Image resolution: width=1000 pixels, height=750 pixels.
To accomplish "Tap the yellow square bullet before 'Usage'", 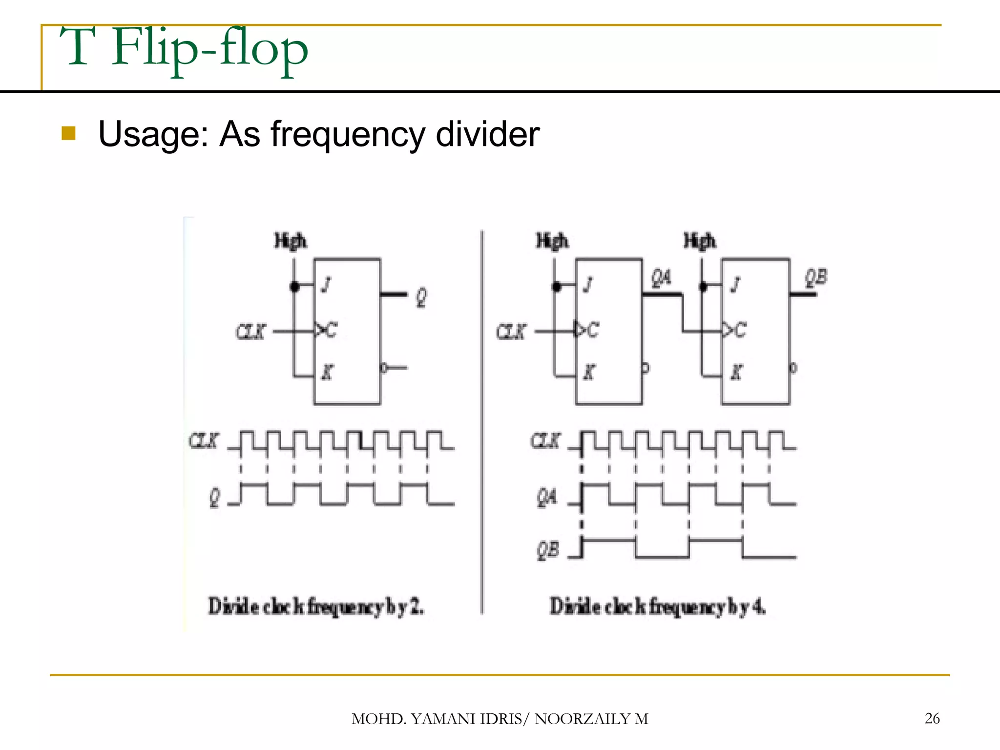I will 69,133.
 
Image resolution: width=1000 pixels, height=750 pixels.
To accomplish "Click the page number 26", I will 932,718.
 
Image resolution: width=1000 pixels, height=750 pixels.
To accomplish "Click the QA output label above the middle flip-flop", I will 662,278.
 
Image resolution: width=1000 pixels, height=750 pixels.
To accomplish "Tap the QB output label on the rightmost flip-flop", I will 816,277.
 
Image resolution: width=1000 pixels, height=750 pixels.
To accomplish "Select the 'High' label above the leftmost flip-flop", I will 291,241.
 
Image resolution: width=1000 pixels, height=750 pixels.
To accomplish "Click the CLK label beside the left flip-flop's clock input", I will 251,332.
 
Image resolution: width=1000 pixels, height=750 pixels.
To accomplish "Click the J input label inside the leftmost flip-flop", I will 326,284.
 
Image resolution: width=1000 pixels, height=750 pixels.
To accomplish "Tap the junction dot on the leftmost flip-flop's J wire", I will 294,286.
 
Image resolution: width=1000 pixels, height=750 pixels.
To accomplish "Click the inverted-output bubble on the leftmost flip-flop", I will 384,368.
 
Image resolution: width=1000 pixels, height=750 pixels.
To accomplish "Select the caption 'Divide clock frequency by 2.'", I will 316,606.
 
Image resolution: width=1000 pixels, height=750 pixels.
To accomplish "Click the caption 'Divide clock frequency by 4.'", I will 658,606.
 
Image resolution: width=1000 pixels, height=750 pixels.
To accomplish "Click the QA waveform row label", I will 547,498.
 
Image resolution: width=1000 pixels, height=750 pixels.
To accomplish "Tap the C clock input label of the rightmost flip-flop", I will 740,331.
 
